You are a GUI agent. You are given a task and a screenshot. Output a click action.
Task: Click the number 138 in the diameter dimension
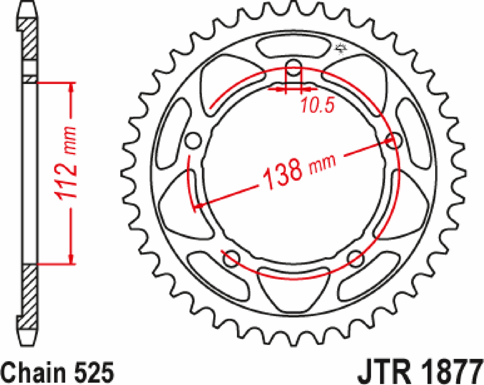[281, 174]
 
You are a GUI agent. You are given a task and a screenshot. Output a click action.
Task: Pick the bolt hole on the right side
[393, 141]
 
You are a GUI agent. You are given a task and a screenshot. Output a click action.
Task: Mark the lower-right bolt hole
[355, 257]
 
